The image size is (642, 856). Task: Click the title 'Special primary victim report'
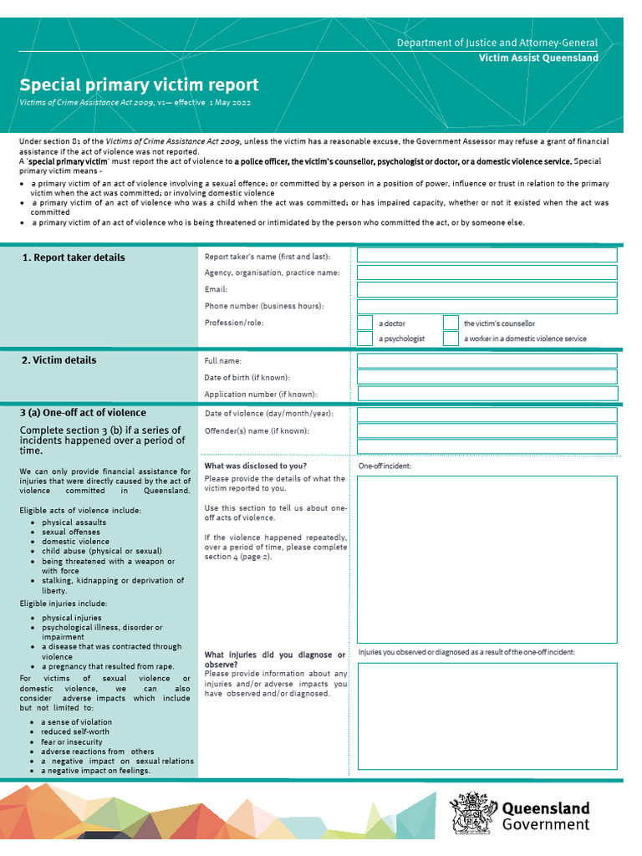coord(139,84)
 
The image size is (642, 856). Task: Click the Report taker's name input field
coord(487,255)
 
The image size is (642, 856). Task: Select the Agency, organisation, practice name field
coord(487,273)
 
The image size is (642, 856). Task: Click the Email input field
coord(487,289)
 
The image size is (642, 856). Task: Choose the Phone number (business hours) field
coord(487,306)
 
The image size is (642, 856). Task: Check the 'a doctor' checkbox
coord(365,323)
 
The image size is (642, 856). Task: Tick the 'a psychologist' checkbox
coord(365,339)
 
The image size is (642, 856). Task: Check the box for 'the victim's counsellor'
coord(451,323)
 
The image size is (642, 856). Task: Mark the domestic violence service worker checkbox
coord(451,339)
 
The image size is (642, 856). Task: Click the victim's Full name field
coord(487,360)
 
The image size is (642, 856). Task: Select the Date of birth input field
coord(487,377)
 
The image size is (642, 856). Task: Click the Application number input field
coord(487,394)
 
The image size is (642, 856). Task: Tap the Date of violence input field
coord(487,415)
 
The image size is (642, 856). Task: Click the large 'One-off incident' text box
coord(487,558)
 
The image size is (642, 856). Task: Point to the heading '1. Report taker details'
coord(74,257)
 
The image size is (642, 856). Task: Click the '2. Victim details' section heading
coord(59,360)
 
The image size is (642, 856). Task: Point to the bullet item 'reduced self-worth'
coord(75,731)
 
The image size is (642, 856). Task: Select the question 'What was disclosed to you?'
coord(255,466)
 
